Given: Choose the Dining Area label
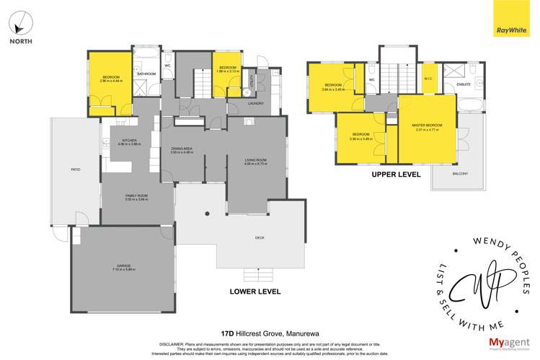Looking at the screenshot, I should click(182, 150).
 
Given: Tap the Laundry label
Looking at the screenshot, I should click(255, 103).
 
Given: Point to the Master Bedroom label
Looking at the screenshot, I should click(428, 127).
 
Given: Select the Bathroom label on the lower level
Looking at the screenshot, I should click(147, 74).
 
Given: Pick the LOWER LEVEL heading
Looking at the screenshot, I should click(254, 291).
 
